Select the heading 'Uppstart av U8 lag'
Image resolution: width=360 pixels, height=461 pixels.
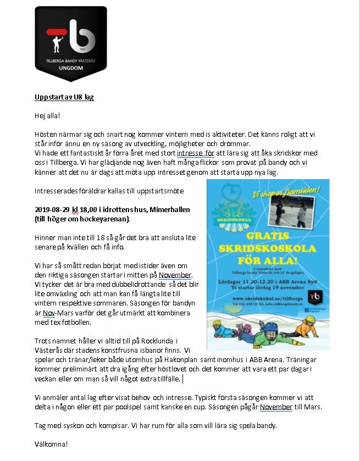[64, 97]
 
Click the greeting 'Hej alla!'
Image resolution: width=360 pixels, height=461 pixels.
[47, 116]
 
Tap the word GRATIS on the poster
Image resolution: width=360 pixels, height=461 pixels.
[268, 236]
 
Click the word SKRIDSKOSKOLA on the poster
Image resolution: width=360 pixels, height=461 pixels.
[268, 248]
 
